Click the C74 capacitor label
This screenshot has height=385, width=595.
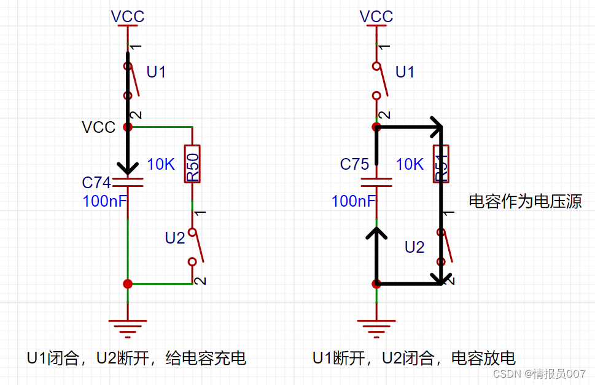pyautogui.click(x=96, y=183)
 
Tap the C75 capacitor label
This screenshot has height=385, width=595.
pyautogui.click(x=354, y=164)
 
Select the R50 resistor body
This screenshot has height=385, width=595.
pyautogui.click(x=192, y=164)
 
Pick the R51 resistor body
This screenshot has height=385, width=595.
pyautogui.click(x=441, y=164)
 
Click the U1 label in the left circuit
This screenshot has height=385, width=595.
pyautogui.click(x=156, y=73)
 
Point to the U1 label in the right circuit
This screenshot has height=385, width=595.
pyautogui.click(x=405, y=73)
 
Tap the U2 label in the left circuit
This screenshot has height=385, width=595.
pyautogui.click(x=175, y=238)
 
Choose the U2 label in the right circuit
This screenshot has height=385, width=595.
pyautogui.click(x=414, y=247)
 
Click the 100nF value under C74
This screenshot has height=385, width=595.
pyautogui.click(x=105, y=201)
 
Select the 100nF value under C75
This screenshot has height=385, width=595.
pyautogui.click(x=354, y=201)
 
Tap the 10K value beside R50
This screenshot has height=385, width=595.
pyautogui.click(x=161, y=164)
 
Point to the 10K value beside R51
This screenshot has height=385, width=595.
pyautogui.click(x=410, y=164)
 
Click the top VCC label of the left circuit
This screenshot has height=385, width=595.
pyautogui.click(x=128, y=17)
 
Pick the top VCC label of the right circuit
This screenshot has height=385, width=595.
pyautogui.click(x=376, y=17)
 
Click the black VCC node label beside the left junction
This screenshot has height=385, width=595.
pyautogui.click(x=98, y=127)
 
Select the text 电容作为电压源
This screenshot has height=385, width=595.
pyautogui.click(x=525, y=201)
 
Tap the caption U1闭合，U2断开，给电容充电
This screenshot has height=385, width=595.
pyautogui.click(x=136, y=358)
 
